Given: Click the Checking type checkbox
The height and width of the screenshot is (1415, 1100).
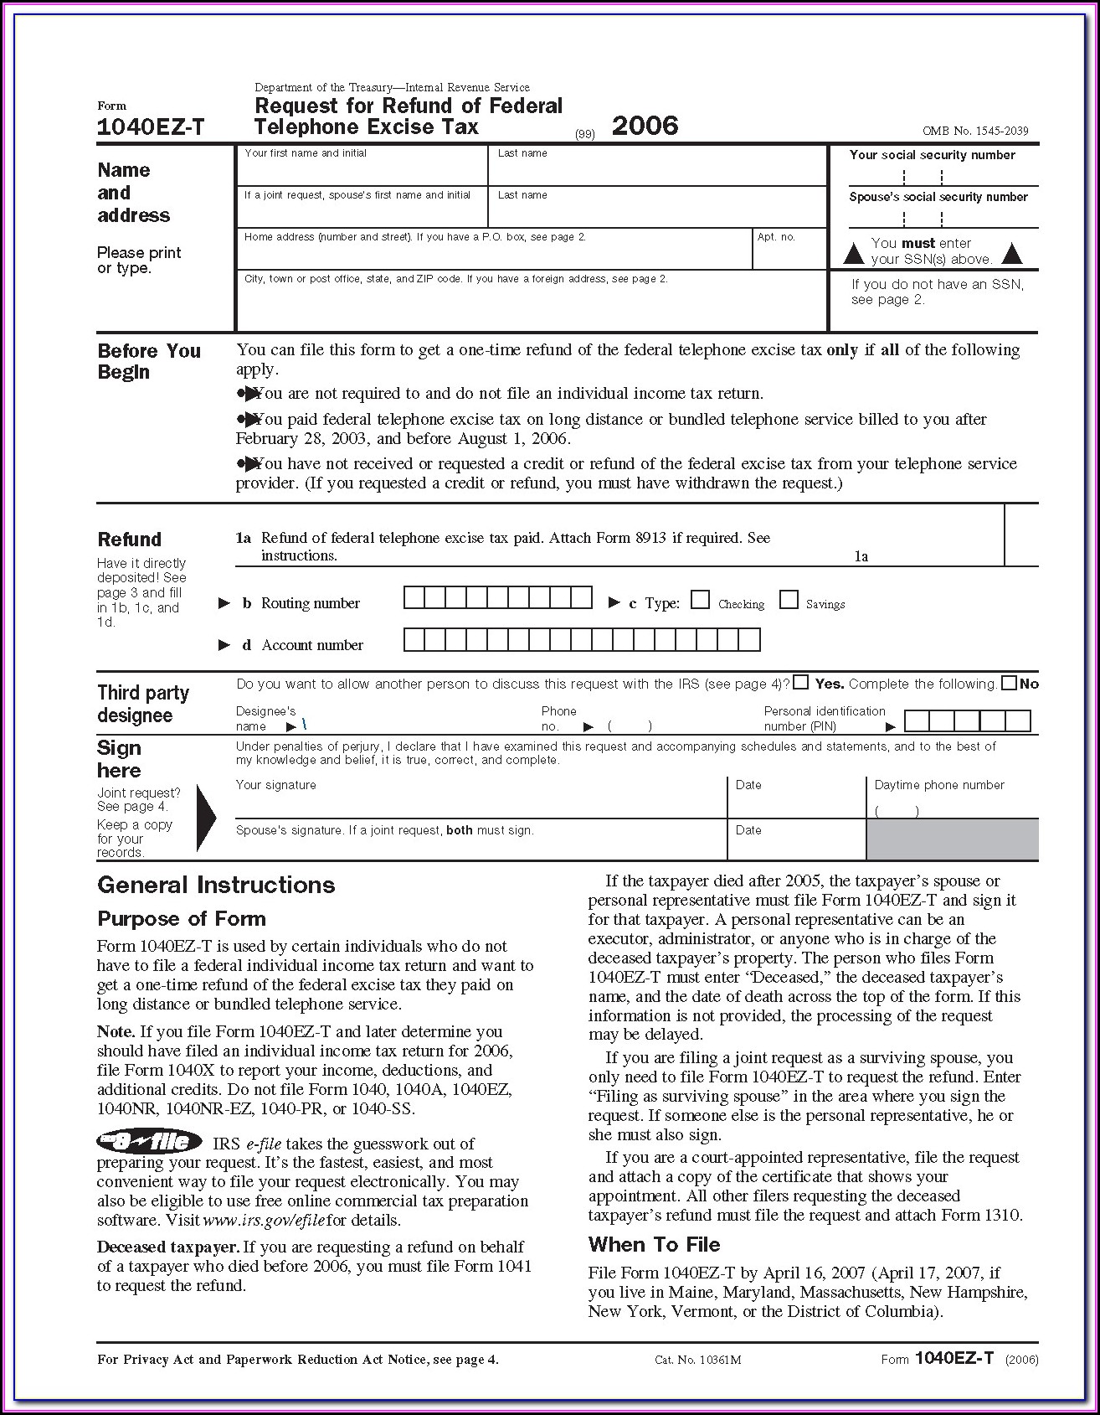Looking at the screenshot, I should (701, 600).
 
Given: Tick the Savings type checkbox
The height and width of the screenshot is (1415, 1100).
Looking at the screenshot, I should (789, 600).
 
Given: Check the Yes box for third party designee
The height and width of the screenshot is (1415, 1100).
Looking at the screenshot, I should (801, 682).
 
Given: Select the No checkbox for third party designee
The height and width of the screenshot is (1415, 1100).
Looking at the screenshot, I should (1010, 683).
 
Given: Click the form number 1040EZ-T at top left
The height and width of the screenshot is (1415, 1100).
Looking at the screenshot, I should (151, 127).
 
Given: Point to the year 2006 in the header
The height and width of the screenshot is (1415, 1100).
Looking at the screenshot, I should (645, 126).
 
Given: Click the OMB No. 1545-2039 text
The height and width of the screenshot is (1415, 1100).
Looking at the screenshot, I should (975, 131).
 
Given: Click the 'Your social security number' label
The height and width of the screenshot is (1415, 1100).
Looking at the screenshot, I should (932, 155).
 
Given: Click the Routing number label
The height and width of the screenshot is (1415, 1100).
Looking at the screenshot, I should (310, 603).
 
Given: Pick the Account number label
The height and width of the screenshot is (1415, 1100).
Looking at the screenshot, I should (312, 645).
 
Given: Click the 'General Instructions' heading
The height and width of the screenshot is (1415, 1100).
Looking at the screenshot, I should (216, 885).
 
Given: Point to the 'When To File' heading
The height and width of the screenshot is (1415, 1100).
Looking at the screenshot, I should (654, 1244).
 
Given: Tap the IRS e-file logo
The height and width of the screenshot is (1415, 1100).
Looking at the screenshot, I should (149, 1141).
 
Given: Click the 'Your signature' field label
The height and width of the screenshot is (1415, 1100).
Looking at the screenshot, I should (276, 785).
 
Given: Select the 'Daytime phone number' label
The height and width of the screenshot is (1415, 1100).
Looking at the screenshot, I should (939, 785).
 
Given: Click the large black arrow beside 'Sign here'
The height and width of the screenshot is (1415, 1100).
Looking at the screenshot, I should (206, 819).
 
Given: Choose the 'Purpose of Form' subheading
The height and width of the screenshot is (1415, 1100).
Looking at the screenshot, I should (182, 919).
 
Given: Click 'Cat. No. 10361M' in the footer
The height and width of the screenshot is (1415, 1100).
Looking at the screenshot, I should (697, 1360).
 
